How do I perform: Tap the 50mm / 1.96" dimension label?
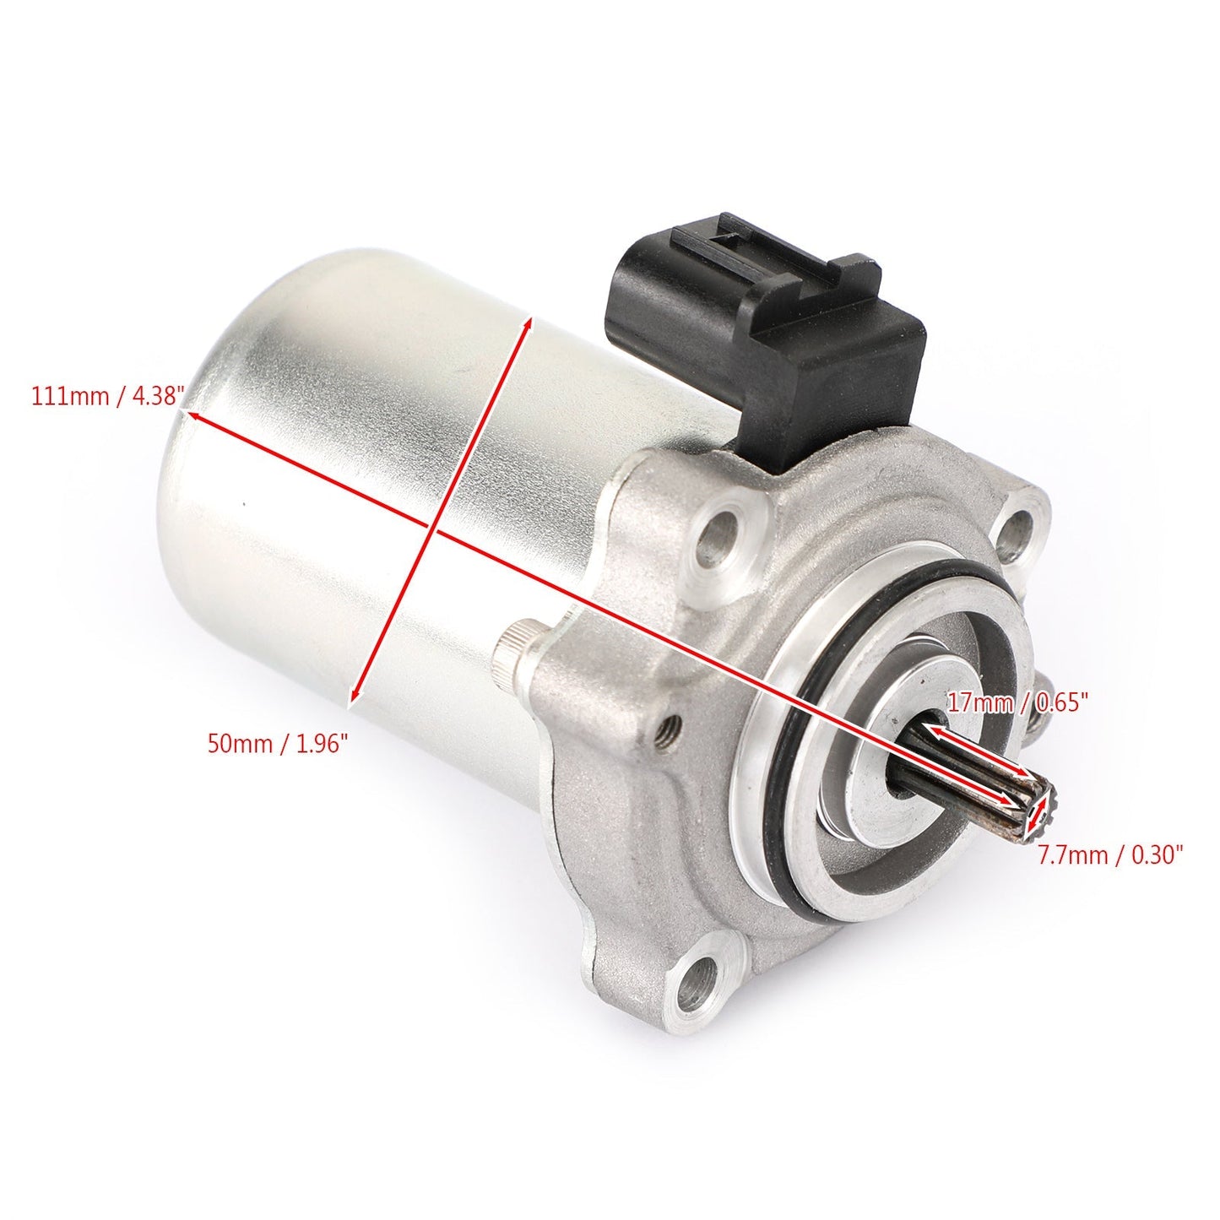pyautogui.click(x=278, y=743)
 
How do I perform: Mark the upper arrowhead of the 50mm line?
pyautogui.click(x=529, y=323)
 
